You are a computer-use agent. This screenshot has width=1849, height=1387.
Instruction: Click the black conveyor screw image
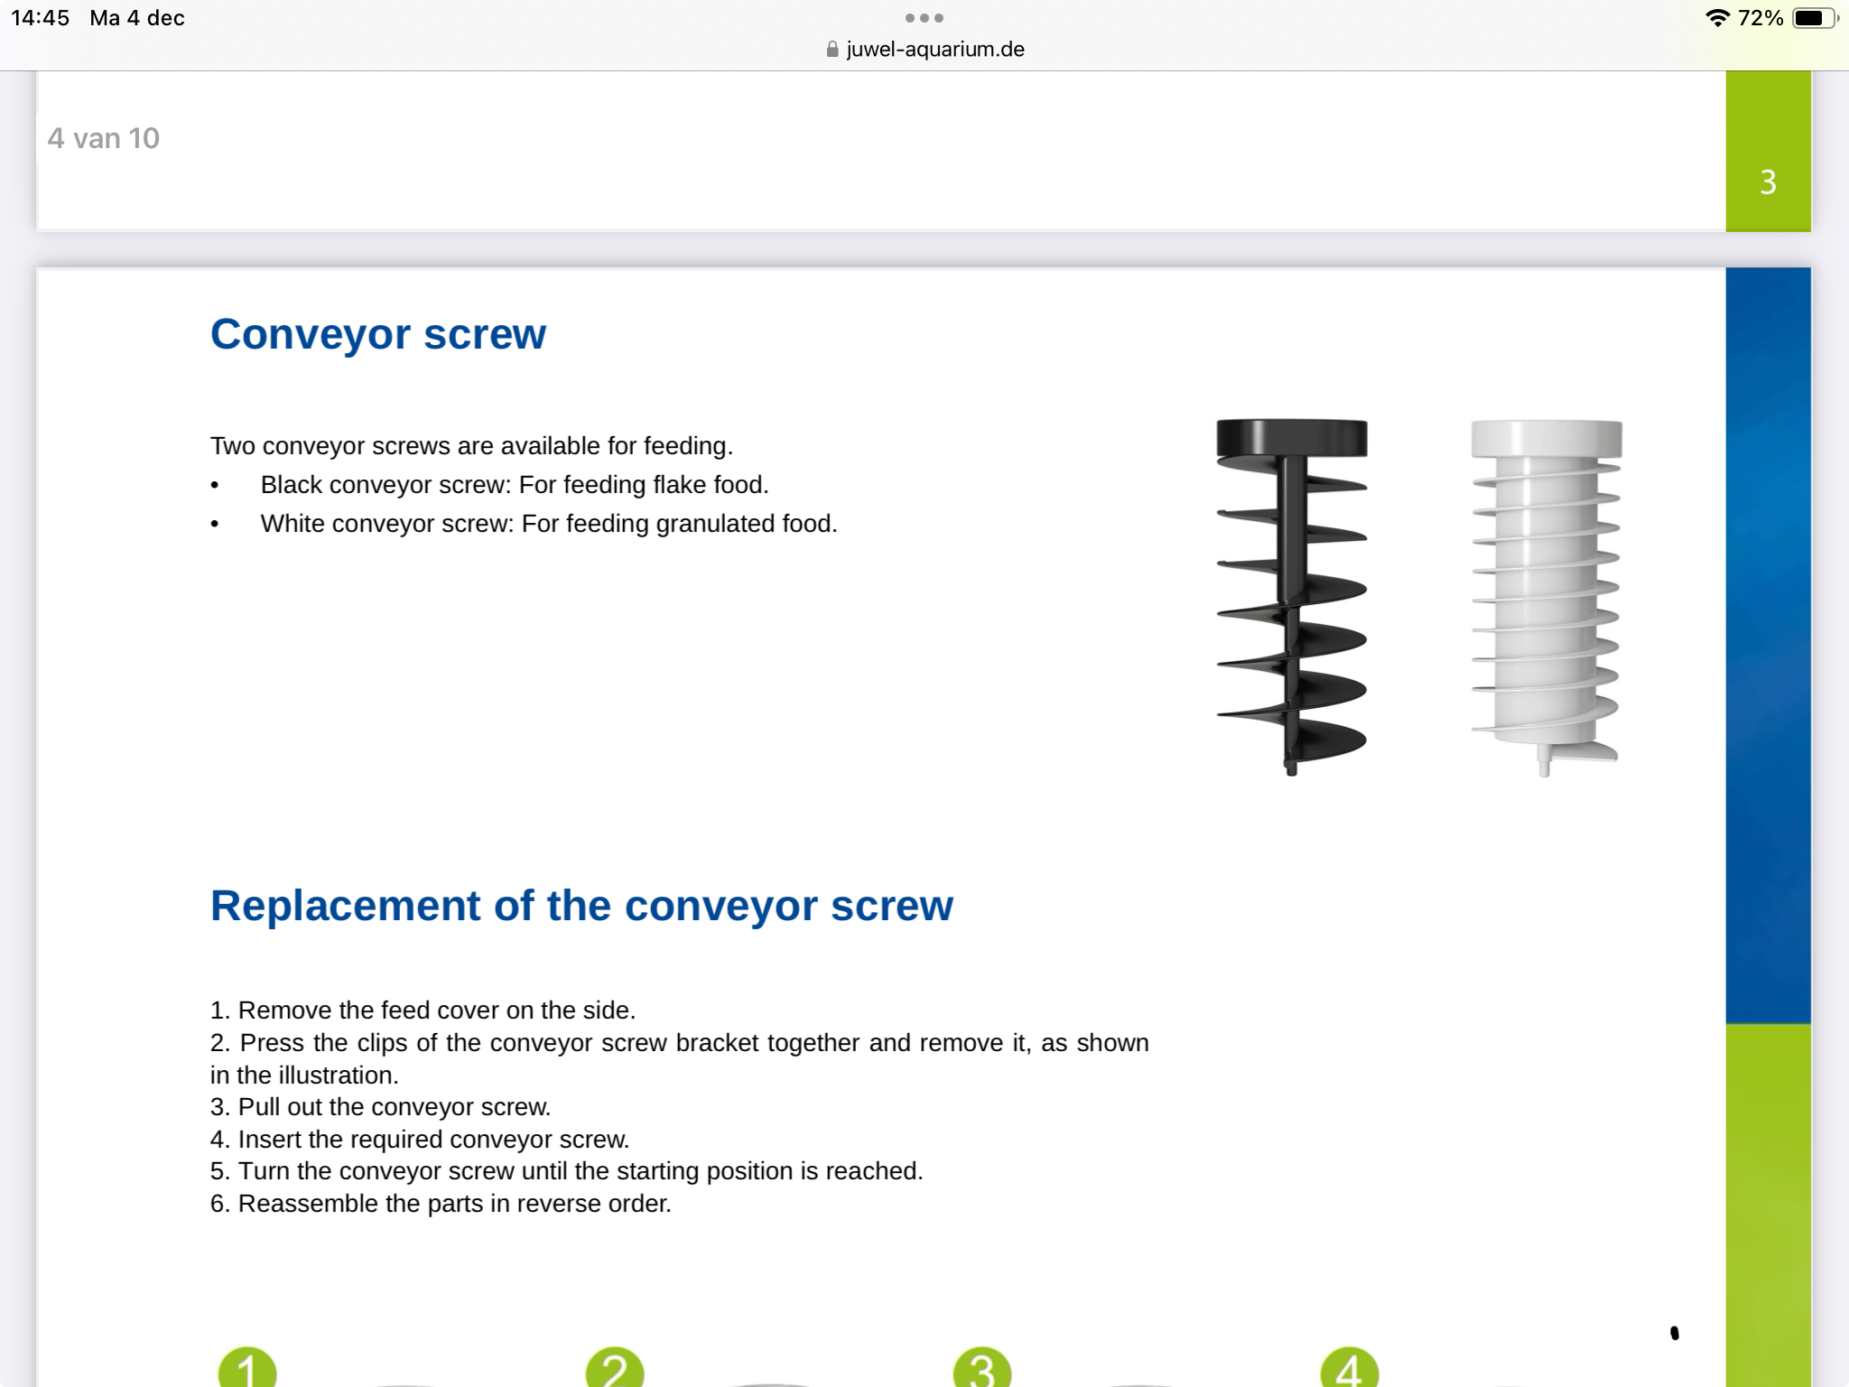pos(1291,596)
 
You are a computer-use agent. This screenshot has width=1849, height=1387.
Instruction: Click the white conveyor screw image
pos(1546,596)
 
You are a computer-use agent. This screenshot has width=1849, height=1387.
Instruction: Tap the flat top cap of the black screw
pos(1291,437)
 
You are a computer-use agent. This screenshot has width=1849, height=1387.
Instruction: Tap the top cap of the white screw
pos(1546,438)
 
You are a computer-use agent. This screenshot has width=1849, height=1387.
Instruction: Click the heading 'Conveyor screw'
pos(377,334)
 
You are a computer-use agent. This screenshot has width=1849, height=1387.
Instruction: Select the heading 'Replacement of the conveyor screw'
pos(581,906)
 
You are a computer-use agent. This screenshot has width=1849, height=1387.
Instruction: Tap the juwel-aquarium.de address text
pos(935,50)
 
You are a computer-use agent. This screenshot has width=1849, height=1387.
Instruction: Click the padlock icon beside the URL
pos(832,50)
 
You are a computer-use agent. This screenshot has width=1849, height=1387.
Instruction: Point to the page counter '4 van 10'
pos(104,138)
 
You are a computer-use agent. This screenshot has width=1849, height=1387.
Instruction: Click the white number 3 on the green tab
pos(1768,182)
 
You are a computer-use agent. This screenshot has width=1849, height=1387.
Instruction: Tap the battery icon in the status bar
pos(1813,18)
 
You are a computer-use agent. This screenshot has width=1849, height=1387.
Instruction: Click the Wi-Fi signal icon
pos(1716,18)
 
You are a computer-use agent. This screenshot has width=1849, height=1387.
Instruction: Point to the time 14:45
pos(41,18)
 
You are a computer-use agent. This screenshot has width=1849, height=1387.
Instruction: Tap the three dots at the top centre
pos(924,18)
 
